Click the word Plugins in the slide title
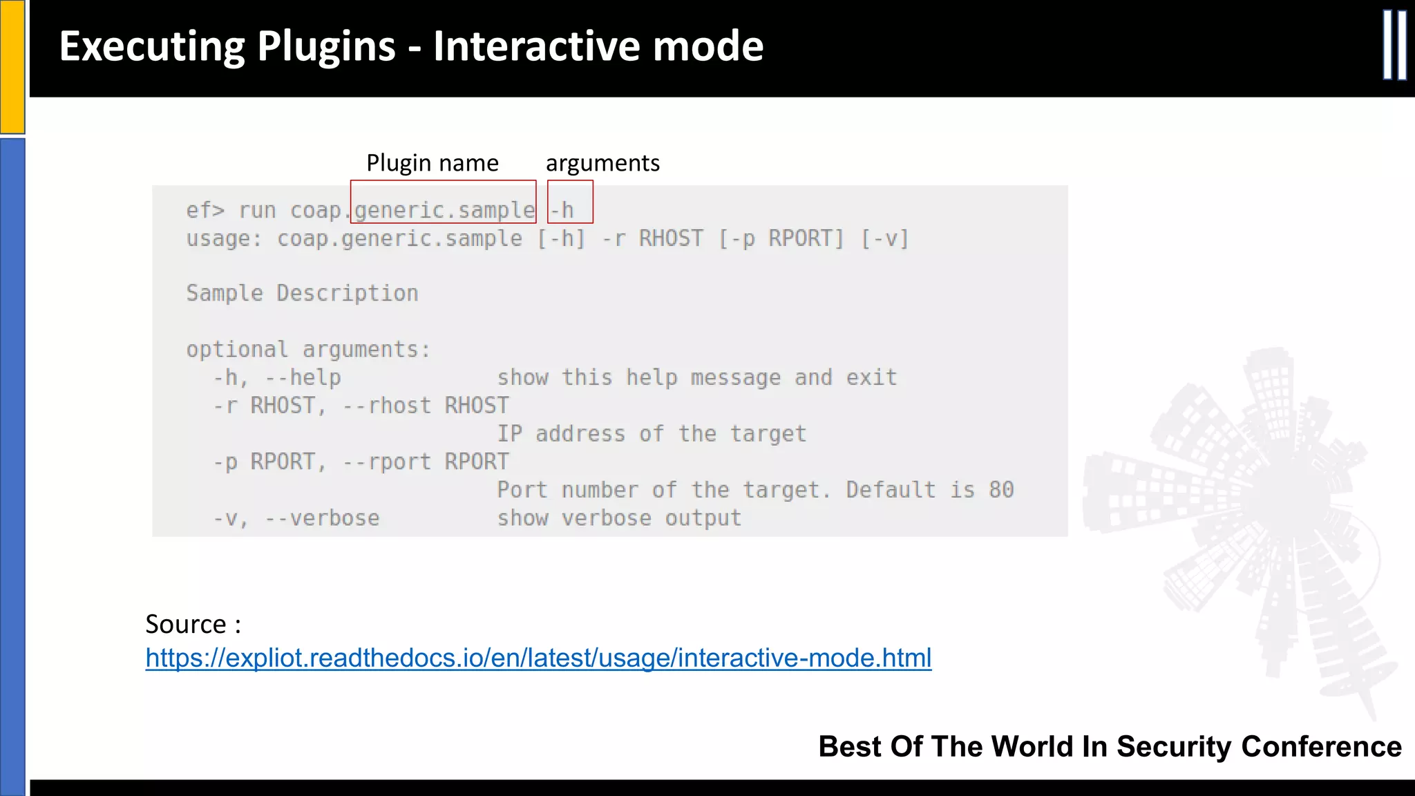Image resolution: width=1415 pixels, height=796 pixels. pyautogui.click(x=325, y=47)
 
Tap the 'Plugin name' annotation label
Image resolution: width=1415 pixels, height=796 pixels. pyautogui.click(x=432, y=163)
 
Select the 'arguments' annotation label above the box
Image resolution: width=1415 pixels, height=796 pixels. pyautogui.click(x=602, y=163)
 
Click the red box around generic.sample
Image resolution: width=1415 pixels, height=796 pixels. pyautogui.click(x=444, y=202)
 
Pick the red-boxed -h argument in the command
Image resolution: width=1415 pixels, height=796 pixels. pyautogui.click(x=562, y=209)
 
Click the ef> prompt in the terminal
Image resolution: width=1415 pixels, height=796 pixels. pyautogui.click(x=205, y=210)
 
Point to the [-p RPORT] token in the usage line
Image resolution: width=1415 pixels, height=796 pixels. pyautogui.click(x=781, y=238)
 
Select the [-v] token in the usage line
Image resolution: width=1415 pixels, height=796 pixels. pyautogui.click(x=885, y=238)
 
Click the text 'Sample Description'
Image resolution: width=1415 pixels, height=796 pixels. pyautogui.click(x=302, y=293)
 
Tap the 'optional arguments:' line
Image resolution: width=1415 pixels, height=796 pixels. pyautogui.click(x=308, y=350)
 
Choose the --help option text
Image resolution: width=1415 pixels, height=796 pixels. pyautogui.click(x=303, y=378)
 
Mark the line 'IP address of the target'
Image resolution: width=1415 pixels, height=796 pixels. pyautogui.click(x=652, y=434)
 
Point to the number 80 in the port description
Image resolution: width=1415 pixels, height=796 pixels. pyautogui.click(x=1001, y=490)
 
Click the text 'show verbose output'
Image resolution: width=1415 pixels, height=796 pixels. pyautogui.click(x=619, y=518)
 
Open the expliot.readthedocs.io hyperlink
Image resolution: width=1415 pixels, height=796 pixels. pyautogui.click(x=538, y=658)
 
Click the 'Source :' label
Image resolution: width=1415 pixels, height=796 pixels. pyautogui.click(x=193, y=624)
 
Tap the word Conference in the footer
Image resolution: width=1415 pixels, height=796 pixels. pyautogui.click(x=1321, y=747)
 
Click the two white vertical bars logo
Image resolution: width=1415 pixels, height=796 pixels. pyautogui.click(x=1394, y=45)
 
